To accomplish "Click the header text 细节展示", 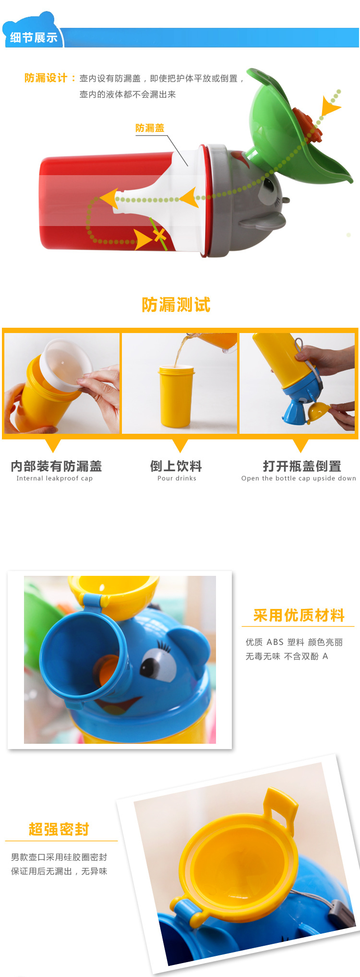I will pos(34,37).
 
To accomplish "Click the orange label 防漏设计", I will pos(46,78).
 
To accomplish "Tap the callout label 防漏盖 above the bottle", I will pos(150,128).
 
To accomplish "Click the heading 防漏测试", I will pos(176,305).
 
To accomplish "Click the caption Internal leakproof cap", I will pos(55,478).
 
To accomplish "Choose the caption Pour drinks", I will pos(177,478).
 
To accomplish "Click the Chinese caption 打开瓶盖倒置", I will pos(302,466).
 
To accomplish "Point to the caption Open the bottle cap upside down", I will pos(299,478).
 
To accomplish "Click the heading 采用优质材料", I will pos(299,615).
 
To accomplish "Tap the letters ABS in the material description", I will pos(275,642).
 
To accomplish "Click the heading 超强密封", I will pos(59,829).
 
